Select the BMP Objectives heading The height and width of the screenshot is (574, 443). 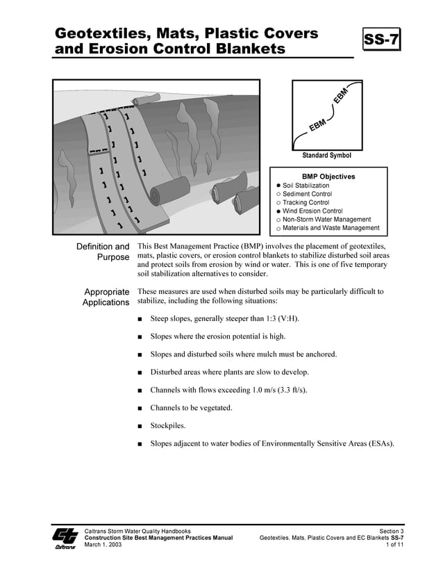tap(328, 177)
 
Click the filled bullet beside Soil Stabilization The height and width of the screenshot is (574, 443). tap(278, 186)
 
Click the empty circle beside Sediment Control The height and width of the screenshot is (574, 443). tap(278, 195)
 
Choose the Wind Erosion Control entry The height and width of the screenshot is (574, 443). tap(312, 211)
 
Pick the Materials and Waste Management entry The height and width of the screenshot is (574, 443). tap(331, 228)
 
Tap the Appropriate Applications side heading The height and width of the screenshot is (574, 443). tap(106, 297)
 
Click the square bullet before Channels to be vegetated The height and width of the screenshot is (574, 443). tap(140, 408)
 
